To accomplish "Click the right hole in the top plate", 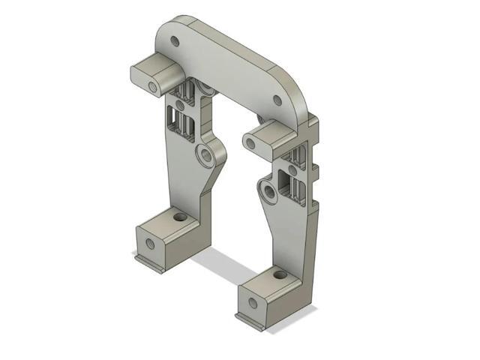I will tap(277, 100).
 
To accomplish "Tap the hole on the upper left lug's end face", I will tap(153, 88).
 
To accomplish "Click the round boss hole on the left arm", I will tap(204, 156).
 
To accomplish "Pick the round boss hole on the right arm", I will tap(268, 196).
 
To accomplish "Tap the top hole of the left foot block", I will tap(179, 217).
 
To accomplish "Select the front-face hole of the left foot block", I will tap(150, 244).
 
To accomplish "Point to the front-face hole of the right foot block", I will tap(253, 303).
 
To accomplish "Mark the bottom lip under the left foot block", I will tap(150, 262).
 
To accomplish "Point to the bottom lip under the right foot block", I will tap(252, 322).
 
